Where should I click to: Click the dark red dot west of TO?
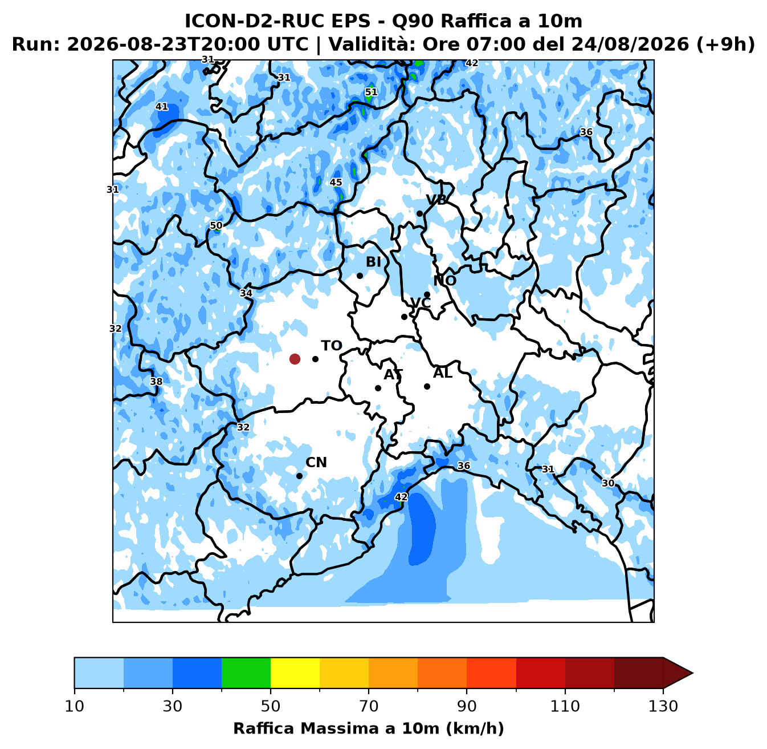(x=295, y=359)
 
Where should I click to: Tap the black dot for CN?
(x=300, y=476)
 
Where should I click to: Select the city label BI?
(x=374, y=262)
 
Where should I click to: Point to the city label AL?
(x=443, y=373)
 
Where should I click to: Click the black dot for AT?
(x=378, y=388)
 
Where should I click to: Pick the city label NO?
(x=445, y=281)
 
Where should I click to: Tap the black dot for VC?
(x=404, y=317)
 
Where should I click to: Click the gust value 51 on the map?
(x=371, y=92)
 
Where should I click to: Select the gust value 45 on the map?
(x=336, y=183)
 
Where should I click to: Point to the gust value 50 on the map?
(x=216, y=225)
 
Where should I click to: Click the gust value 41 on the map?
(x=162, y=107)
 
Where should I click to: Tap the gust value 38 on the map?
(x=157, y=381)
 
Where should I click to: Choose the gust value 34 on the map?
(x=246, y=293)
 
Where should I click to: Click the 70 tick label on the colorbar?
(x=369, y=706)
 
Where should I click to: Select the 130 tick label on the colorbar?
(x=663, y=706)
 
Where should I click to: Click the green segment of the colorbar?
(x=246, y=673)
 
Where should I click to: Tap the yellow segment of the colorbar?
(x=295, y=673)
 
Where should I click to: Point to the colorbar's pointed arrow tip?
(x=692, y=673)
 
